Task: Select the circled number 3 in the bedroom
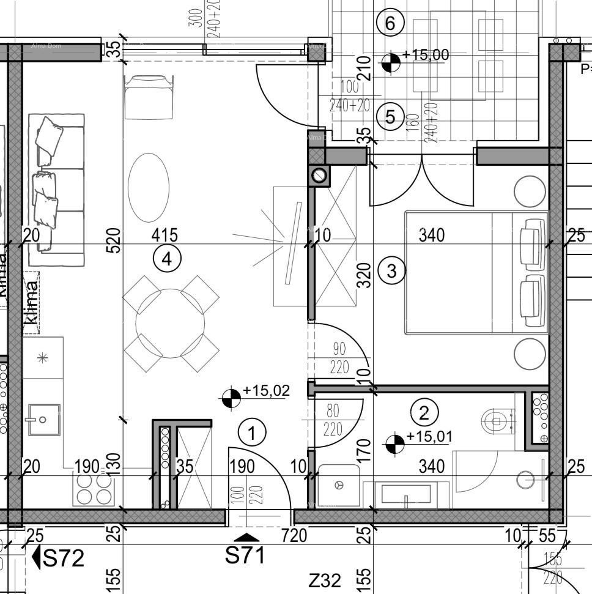pos(392,270)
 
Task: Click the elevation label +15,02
pos(266,390)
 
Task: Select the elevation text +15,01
pos(429,437)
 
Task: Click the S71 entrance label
pos(246,555)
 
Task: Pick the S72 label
pos(64,558)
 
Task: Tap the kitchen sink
pos(43,420)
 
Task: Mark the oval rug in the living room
pos(149,187)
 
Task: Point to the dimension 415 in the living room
pos(165,234)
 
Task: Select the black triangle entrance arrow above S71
pos(246,537)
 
